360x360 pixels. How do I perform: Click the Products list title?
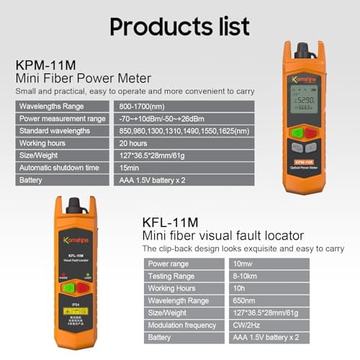[x=179, y=27]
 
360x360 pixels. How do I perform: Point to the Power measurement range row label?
[x=62, y=118]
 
